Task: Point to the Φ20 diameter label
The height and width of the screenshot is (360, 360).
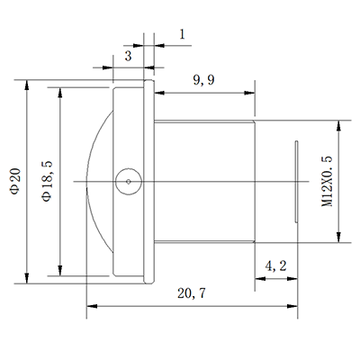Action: tap(13, 181)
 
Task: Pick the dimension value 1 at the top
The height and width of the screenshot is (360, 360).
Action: tap(182, 35)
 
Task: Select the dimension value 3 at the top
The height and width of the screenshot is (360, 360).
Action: tap(129, 56)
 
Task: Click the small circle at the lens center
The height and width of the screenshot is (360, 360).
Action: tap(128, 181)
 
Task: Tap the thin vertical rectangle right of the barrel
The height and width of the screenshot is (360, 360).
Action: tap(297, 181)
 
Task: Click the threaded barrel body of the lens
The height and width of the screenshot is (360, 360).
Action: tap(205, 181)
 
